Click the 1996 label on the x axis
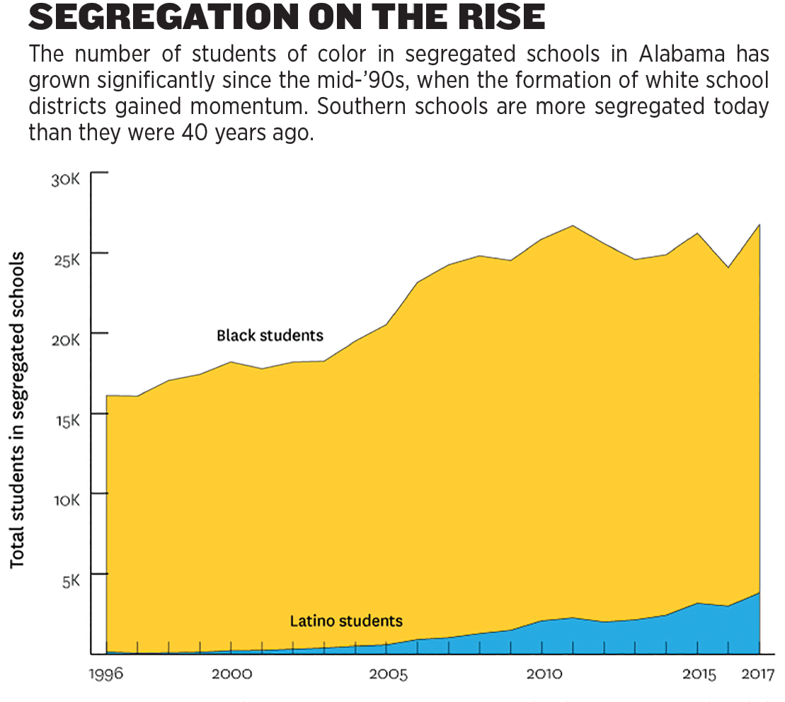coord(105,673)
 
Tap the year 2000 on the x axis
coord(231,673)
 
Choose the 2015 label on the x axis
coord(699,673)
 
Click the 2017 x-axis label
coord(756,673)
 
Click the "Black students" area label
coord(270,335)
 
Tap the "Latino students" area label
coord(346,621)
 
